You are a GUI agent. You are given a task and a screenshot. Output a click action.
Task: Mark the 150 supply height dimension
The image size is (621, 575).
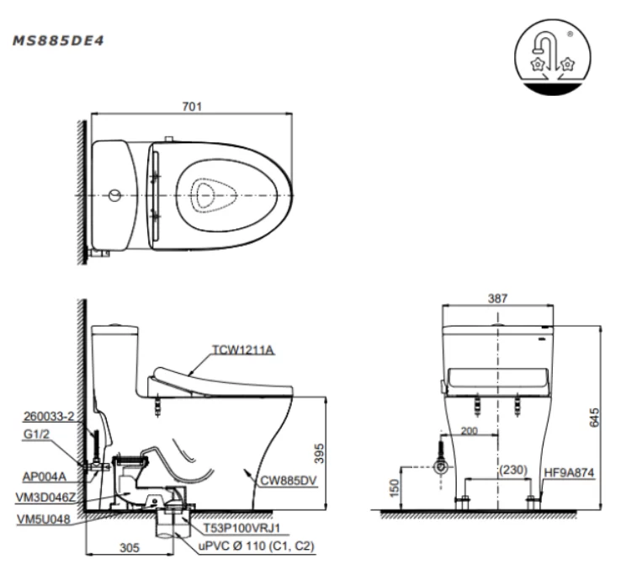(391, 487)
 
